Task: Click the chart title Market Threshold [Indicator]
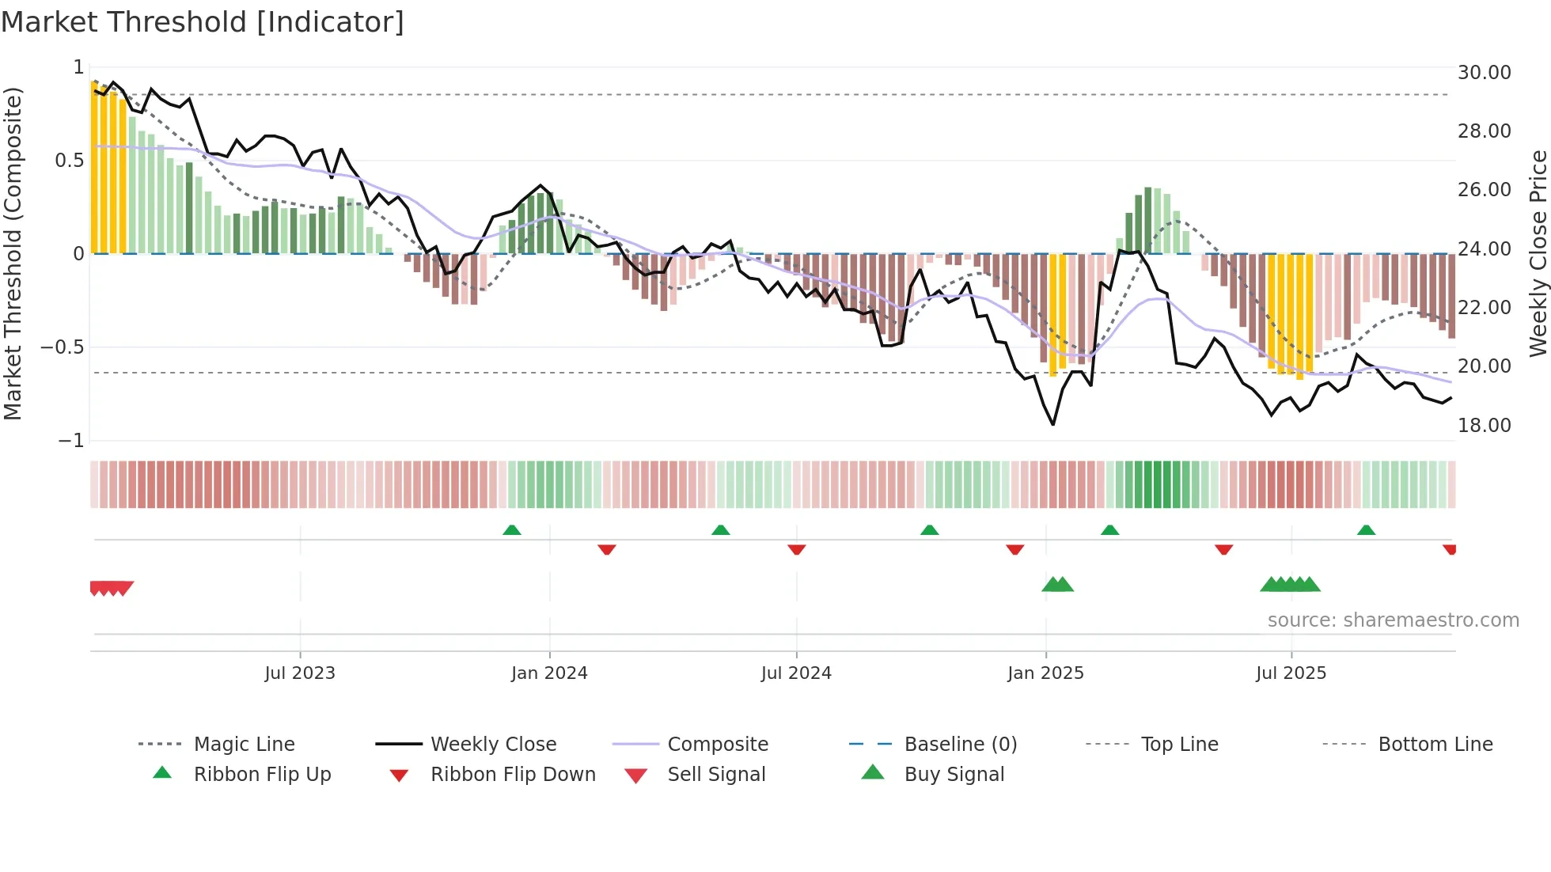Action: point(203,22)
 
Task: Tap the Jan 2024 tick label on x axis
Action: point(549,673)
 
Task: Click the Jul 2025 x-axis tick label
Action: point(1291,673)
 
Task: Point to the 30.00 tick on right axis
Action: point(1484,73)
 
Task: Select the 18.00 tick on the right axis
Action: point(1484,426)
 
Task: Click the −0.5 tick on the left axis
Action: point(62,347)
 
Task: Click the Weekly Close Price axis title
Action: point(1538,253)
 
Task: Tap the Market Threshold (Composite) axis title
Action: point(13,253)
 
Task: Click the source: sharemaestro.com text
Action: point(1393,620)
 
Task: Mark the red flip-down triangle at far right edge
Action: point(1449,549)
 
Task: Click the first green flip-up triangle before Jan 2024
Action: point(512,530)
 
